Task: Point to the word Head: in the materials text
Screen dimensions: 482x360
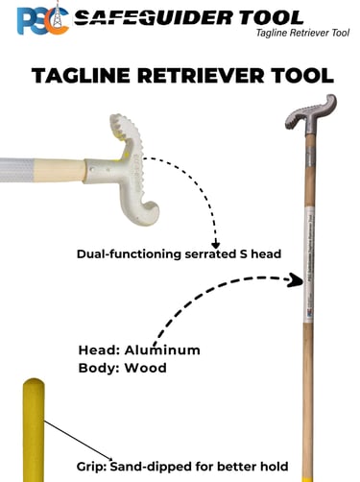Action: click(x=99, y=350)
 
